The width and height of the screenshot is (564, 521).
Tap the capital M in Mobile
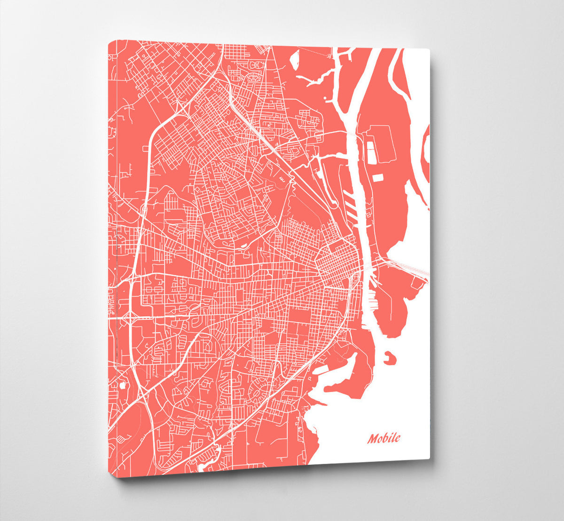tap(373, 439)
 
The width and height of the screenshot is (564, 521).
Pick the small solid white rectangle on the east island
tap(378, 178)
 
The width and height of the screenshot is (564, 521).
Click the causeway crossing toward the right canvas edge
tap(409, 268)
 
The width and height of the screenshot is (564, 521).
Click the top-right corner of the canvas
tap(429, 49)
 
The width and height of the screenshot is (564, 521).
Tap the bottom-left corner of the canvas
tap(117, 477)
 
